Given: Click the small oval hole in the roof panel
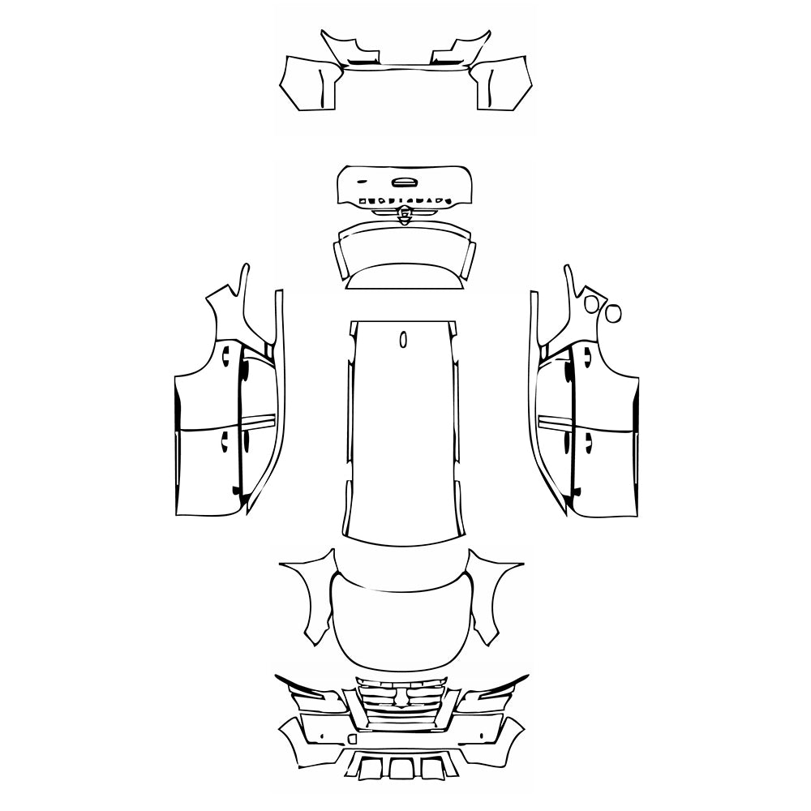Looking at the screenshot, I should coord(403,339).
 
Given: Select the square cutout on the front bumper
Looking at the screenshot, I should coord(351,738).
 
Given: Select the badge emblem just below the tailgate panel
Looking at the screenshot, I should coord(403,213).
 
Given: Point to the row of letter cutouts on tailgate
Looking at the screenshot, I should coord(403,199).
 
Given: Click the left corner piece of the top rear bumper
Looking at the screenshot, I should coord(308,84).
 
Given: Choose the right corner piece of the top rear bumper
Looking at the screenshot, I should coord(503,84).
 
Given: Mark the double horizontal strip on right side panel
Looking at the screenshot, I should coord(551,421).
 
